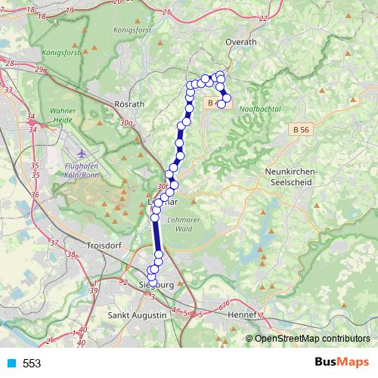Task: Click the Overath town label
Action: (241, 42)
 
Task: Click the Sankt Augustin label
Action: (137, 314)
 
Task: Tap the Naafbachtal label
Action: (259, 110)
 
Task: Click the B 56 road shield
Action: (300, 130)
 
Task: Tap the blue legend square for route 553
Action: (11, 364)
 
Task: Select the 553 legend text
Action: (32, 364)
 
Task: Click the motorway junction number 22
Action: (263, 18)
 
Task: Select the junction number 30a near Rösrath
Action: (125, 122)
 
